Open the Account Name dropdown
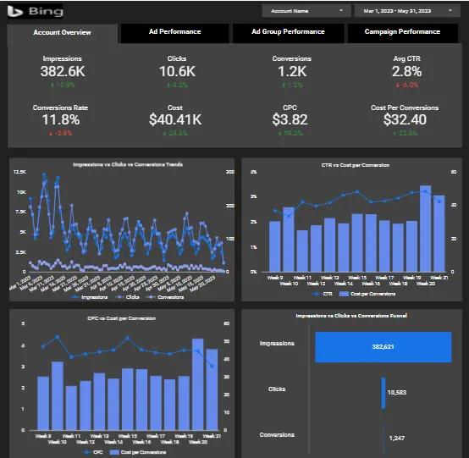306,11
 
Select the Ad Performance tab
175,32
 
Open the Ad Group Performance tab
288,32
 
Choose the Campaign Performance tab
402,32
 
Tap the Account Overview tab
62,33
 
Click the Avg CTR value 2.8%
406,72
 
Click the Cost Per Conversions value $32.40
405,120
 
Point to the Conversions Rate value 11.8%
60,120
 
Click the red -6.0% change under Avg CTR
406,86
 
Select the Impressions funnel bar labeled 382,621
386,346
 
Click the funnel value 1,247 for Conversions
396,437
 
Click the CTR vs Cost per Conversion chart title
349,165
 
